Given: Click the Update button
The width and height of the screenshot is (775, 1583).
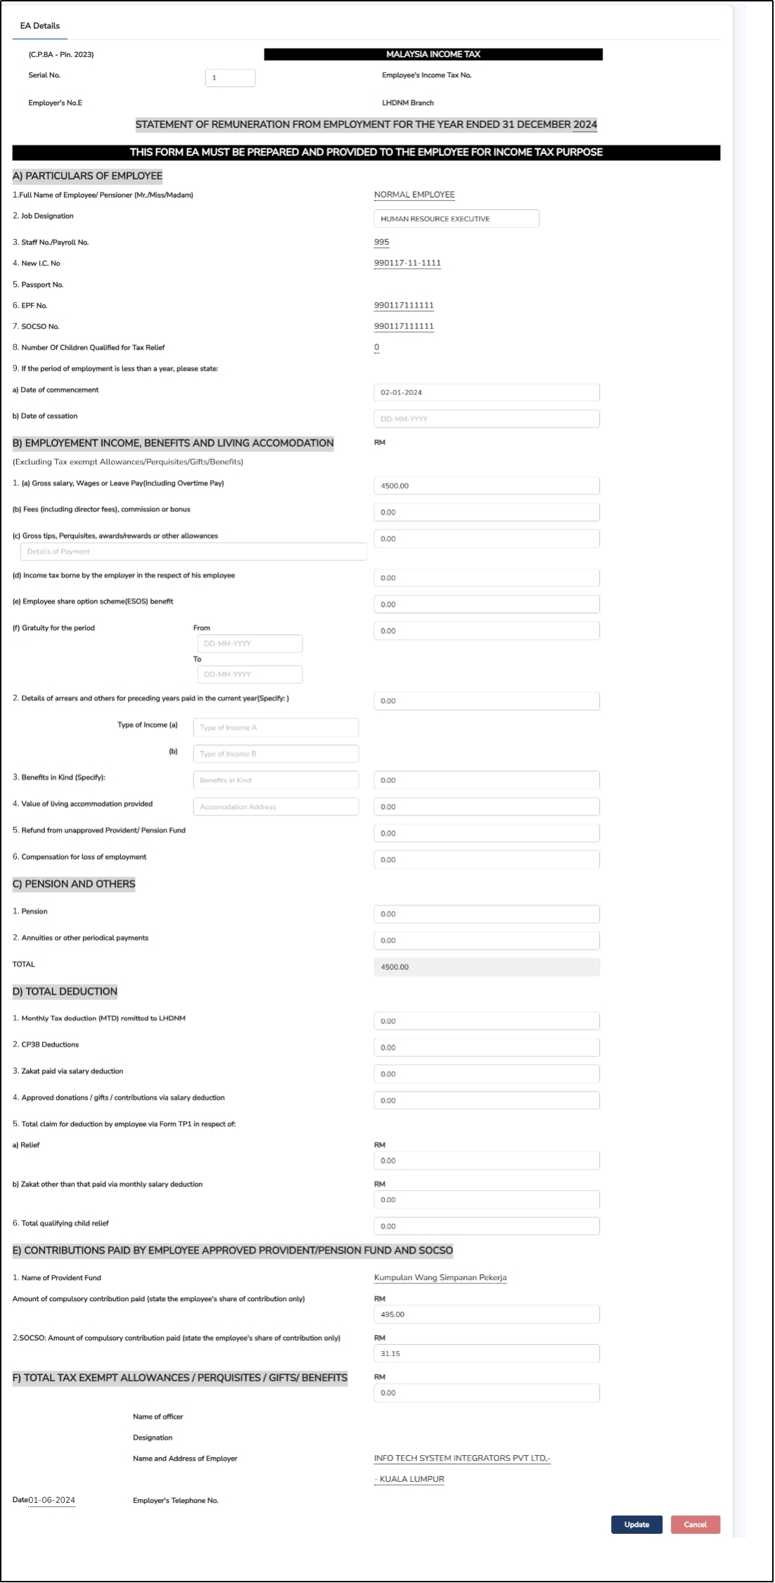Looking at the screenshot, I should click(636, 1524).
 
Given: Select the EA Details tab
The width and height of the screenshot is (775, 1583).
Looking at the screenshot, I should click(40, 26).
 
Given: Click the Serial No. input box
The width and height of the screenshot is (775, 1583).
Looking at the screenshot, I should click(230, 78).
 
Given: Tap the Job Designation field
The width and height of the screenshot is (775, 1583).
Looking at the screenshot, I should click(456, 219).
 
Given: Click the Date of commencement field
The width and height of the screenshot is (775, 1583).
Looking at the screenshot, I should click(486, 392).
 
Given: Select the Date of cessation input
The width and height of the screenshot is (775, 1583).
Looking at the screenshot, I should click(486, 419).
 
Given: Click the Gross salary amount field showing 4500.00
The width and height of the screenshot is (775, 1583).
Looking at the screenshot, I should click(486, 486).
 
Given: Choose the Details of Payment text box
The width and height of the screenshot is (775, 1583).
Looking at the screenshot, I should click(193, 552).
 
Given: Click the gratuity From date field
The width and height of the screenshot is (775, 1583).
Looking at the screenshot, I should click(250, 644).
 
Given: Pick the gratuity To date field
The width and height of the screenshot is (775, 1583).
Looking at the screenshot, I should click(250, 674).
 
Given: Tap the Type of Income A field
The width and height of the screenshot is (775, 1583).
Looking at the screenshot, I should click(276, 728).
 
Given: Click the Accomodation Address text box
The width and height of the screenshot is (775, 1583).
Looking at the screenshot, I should click(276, 807).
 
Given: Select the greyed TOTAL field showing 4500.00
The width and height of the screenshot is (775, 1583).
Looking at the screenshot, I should click(486, 967).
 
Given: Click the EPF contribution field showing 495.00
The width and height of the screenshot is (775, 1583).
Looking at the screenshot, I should click(486, 1314).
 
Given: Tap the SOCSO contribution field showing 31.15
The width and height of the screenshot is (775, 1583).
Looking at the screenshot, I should click(486, 1353).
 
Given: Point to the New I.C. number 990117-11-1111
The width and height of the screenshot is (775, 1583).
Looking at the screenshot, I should click(407, 263).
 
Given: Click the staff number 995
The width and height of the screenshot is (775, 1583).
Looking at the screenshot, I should click(381, 242).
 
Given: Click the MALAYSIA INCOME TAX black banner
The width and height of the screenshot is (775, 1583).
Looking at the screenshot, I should click(433, 54).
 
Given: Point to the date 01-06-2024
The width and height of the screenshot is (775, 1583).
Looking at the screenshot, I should click(51, 1500).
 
